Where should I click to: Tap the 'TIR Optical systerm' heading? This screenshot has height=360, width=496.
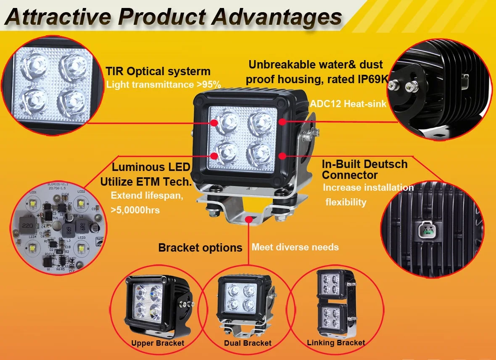tap(158, 71)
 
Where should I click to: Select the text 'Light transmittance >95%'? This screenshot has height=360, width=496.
tap(164, 84)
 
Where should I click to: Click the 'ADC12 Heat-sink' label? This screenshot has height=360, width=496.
tap(348, 104)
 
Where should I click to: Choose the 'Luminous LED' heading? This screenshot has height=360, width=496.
tap(151, 167)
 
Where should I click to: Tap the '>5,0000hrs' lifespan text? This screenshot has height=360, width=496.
tap(135, 210)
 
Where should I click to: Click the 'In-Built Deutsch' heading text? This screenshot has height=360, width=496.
tap(364, 164)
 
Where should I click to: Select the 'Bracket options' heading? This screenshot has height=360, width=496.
tap(200, 247)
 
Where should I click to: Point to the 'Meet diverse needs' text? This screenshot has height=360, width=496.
tap(295, 247)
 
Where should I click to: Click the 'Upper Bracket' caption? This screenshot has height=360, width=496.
tap(158, 343)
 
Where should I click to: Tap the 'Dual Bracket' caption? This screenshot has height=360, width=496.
tap(248, 343)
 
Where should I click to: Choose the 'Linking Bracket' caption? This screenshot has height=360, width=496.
tap(336, 343)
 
